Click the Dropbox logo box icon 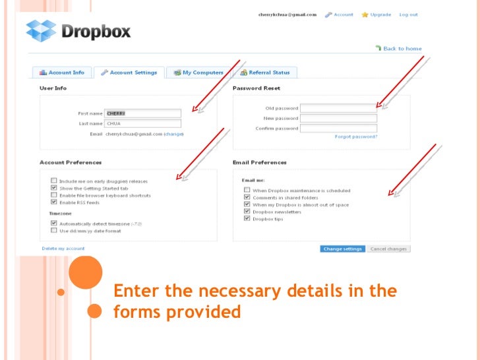42,30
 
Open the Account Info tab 62,73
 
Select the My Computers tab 198,73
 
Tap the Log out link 408,15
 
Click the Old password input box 338,108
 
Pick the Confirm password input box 338,129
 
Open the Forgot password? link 356,137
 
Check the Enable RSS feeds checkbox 53,203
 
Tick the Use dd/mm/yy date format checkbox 53,230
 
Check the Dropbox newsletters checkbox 247,212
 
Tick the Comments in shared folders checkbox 247,197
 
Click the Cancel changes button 388,249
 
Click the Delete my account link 63,249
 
